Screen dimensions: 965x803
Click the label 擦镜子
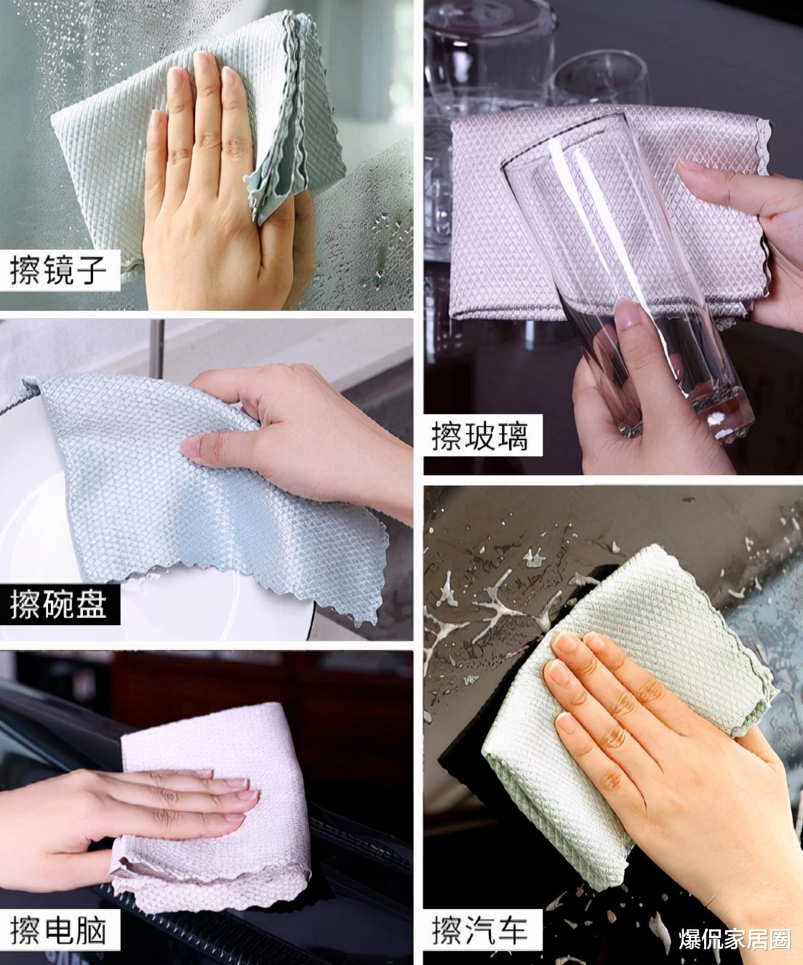[x=59, y=270]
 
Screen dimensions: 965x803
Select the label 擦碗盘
[x=59, y=603]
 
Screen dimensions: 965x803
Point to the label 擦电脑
[x=59, y=930]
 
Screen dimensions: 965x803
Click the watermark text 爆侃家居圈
[x=735, y=940]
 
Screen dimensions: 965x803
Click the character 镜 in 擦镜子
[x=59, y=270]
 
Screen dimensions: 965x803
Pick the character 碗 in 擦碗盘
[x=59, y=603]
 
